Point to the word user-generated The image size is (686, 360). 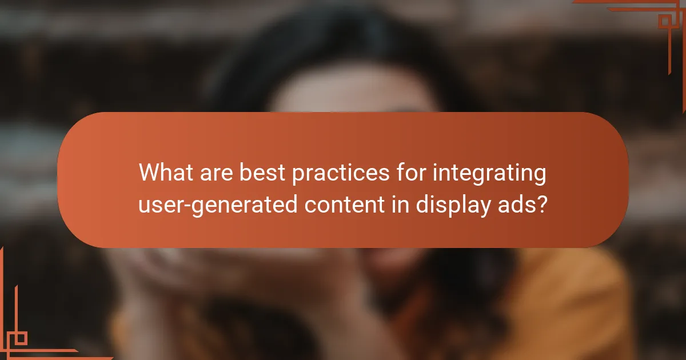tap(218, 204)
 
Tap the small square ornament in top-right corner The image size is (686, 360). tap(665, 21)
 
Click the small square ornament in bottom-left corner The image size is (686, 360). tap(21, 338)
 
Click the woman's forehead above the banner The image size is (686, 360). tap(354, 91)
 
